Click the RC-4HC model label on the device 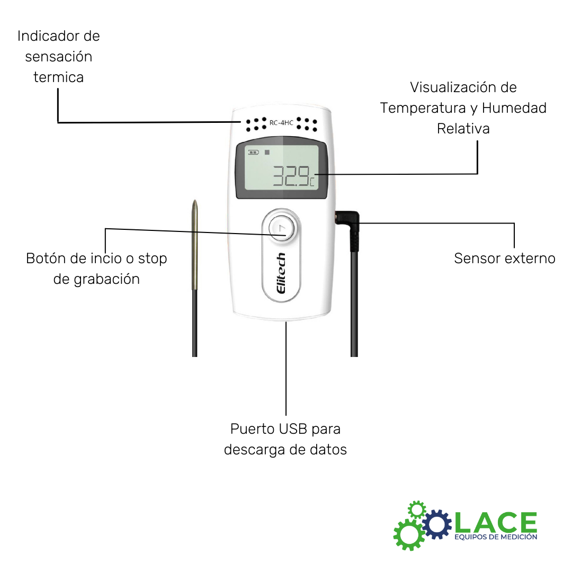pos(281,123)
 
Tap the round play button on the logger pos(281,228)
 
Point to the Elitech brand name pos(281,276)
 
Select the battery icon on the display pos(254,153)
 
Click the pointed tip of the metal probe pos(195,203)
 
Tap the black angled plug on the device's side pos(348,219)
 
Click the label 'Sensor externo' pos(504,258)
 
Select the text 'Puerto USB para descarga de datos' pos(285,439)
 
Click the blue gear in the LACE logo pos(437,524)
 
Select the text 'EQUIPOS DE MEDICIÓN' pos(496,537)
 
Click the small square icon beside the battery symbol pos(267,152)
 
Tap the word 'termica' pos(58,77)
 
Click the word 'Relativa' pos(463,129)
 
